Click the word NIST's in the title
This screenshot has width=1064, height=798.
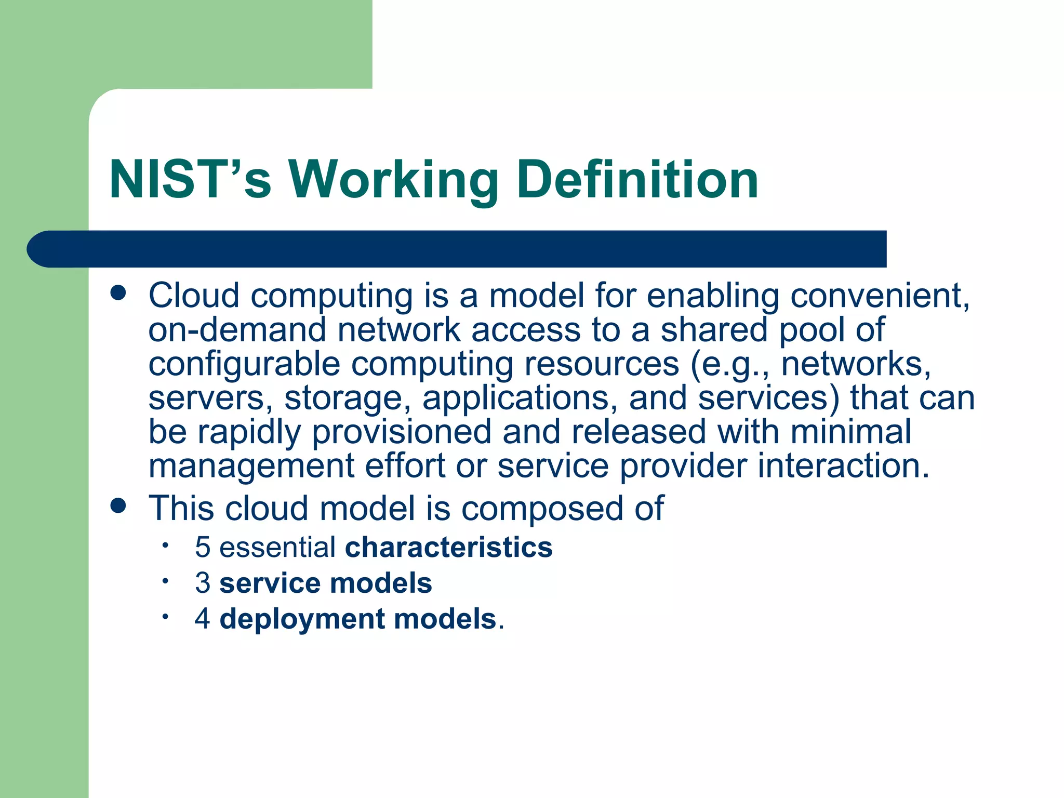[190, 179]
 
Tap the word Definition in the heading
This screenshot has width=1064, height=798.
[637, 179]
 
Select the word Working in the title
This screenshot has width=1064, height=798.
[393, 179]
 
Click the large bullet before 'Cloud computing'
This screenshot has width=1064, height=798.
[118, 292]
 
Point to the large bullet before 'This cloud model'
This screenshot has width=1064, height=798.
[118, 506]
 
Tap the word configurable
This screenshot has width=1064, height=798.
[244, 364]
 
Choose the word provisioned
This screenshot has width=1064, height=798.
[401, 432]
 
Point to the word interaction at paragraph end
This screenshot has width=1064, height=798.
[842, 465]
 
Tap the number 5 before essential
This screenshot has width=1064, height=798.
[203, 548]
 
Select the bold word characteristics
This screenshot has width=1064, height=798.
[448, 548]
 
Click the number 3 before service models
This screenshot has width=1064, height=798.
[203, 583]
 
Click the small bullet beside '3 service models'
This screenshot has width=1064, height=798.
[165, 581]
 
